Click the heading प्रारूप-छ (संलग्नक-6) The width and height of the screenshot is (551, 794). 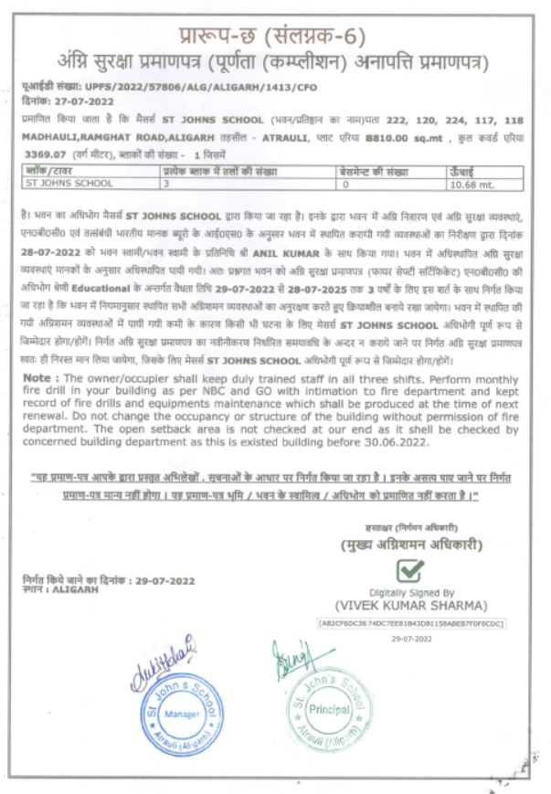click(275, 37)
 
